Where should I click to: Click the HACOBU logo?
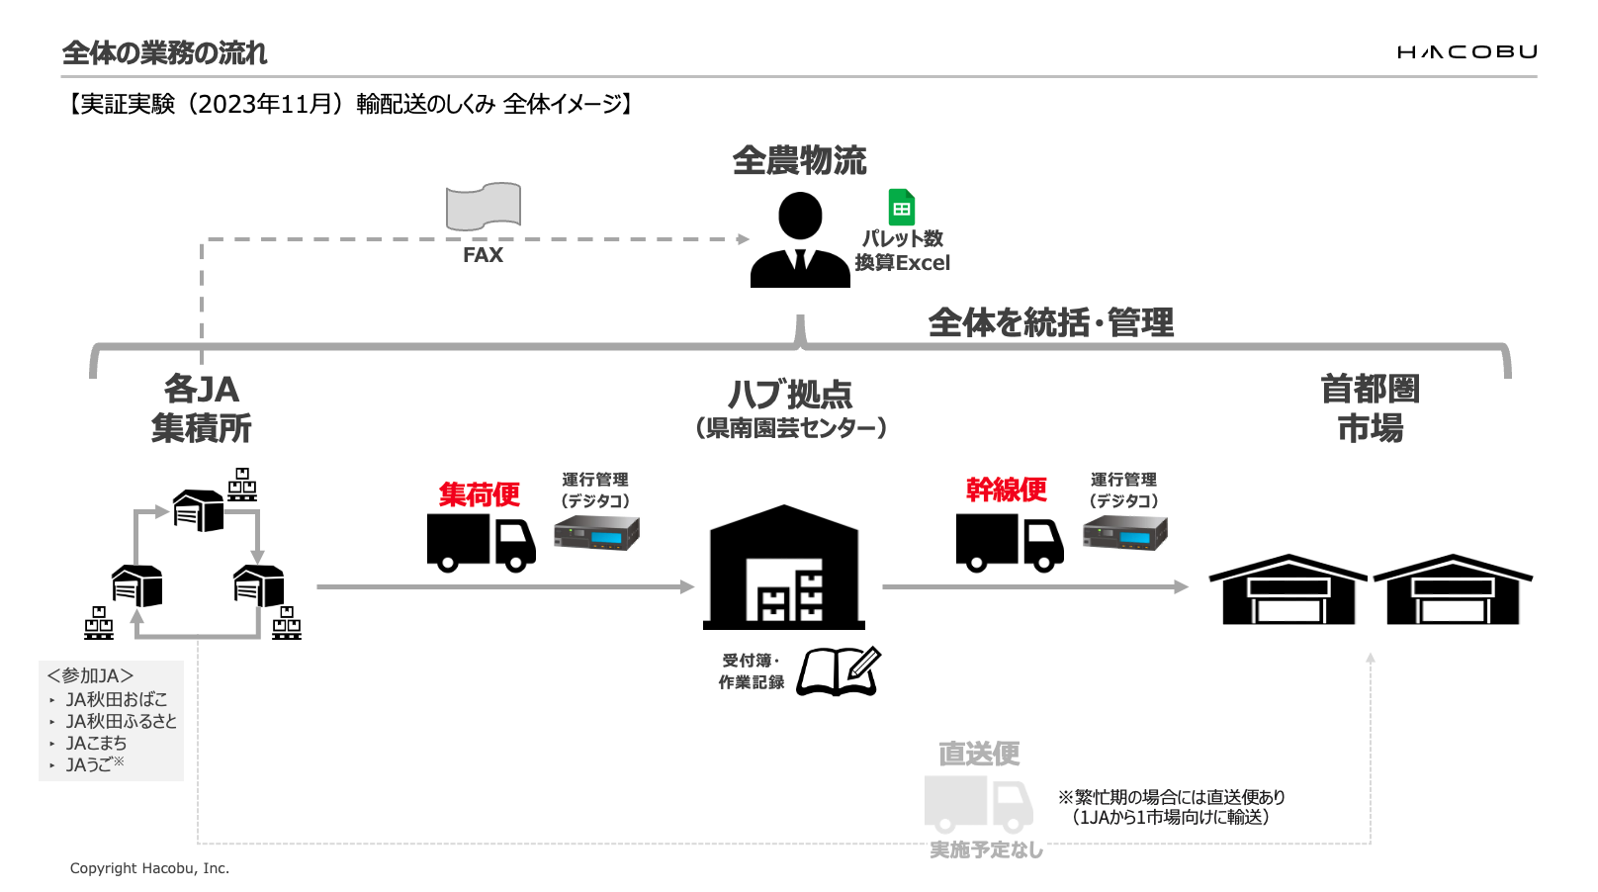click(1466, 52)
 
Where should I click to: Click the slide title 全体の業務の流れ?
click(164, 52)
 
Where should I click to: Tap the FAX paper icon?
click(483, 207)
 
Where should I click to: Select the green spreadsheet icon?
click(901, 208)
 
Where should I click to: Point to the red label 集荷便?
click(479, 493)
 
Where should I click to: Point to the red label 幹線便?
click(1006, 490)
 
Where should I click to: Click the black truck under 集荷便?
click(481, 543)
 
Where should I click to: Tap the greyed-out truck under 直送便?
click(978, 803)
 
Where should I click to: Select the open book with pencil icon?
click(839, 671)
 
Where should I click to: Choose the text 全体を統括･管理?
click(1050, 322)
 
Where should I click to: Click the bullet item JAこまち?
click(96, 743)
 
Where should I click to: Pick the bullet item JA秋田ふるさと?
click(121, 721)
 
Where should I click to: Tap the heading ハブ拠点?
click(789, 395)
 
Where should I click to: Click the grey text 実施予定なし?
click(986, 849)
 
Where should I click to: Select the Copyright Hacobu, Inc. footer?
click(149, 868)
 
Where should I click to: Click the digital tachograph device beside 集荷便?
click(596, 535)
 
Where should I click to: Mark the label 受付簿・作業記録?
click(752, 671)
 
